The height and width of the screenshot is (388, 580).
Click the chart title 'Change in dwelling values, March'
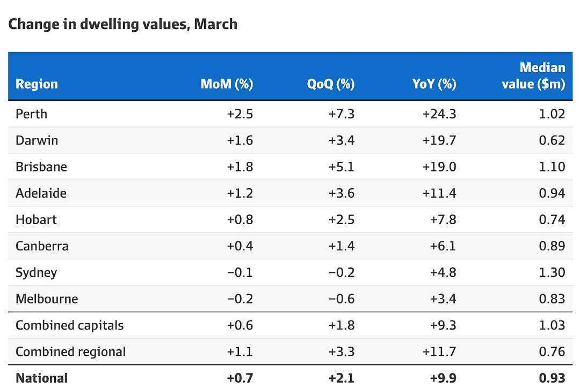pos(123,24)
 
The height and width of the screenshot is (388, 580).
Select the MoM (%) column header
pos(227,84)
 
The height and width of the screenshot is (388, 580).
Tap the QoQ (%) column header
pos(331,84)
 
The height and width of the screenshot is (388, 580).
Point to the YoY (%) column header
pos(434,84)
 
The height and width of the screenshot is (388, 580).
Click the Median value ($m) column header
pos(533,76)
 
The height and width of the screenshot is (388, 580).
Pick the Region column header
pos(37,84)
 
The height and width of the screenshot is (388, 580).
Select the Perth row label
pos(32,114)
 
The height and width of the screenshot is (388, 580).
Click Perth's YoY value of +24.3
pos(439,114)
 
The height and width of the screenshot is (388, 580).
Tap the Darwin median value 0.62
pos(552,140)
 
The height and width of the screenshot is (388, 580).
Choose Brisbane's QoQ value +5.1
pos(341,167)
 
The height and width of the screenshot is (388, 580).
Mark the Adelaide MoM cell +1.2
pos(240,193)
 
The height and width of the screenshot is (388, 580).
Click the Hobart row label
pos(37,220)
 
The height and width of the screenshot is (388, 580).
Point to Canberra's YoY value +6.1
pos(443,246)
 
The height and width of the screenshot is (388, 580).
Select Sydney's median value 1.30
pos(552,272)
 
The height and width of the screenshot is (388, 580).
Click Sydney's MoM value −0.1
pos(240,272)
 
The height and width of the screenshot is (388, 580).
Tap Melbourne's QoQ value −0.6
pos(342,299)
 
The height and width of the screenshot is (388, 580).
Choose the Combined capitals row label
pos(69,326)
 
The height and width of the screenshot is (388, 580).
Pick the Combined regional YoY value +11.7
pos(439,351)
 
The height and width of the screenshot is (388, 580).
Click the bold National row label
pos(41,378)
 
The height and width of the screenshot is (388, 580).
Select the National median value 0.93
pos(552,378)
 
